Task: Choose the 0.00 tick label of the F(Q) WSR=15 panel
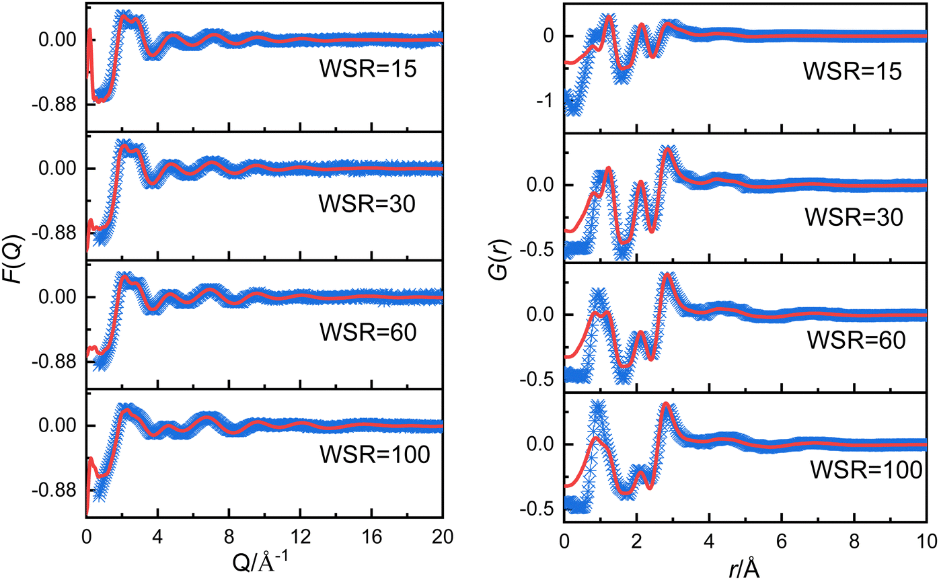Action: pyautogui.click(x=60, y=40)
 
